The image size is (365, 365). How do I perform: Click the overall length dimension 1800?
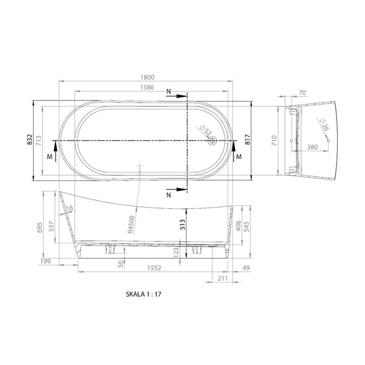point(147,77)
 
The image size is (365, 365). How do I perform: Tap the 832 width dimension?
point(28,140)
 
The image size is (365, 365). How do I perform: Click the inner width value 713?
point(39,140)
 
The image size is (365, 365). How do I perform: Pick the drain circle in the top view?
point(212,141)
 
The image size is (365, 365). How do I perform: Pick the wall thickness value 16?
point(69,209)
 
